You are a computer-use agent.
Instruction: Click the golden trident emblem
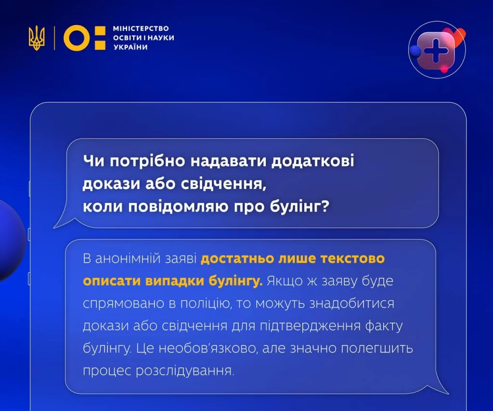[x=37, y=38]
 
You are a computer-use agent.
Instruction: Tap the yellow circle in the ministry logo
[x=77, y=38]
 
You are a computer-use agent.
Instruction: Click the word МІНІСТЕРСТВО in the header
[x=141, y=28]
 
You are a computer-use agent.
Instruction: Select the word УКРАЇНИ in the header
[x=130, y=47]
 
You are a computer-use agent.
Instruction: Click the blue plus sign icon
[x=436, y=51]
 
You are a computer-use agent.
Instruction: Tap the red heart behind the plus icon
[x=456, y=35]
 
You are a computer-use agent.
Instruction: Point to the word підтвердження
[x=310, y=326]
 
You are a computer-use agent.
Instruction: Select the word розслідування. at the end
[x=185, y=371]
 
